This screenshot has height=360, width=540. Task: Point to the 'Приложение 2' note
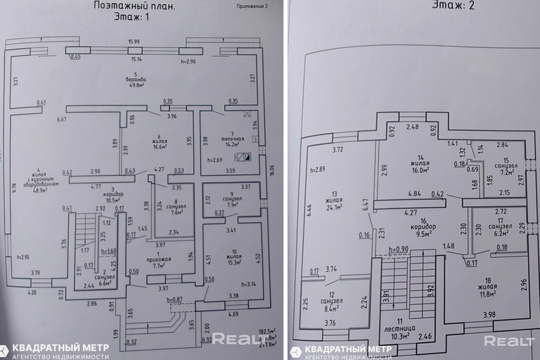[x=252, y=7]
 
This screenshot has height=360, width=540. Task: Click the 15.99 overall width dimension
[x=133, y=41]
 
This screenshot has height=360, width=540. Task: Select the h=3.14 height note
[x=249, y=284]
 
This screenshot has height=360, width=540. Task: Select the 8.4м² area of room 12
[x=332, y=307]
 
